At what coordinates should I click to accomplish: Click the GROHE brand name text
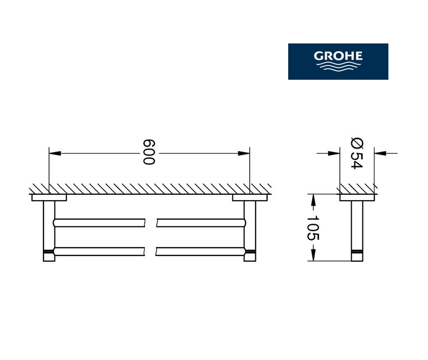pos(338,56)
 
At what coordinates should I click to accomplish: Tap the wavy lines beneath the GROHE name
pos(338,66)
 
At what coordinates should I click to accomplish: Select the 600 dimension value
pos(149,152)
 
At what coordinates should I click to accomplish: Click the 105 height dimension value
pos(313,228)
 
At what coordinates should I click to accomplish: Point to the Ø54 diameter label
pos(357,154)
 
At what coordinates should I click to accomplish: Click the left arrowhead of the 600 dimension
pos(55,153)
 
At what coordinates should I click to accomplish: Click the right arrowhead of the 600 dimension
pos(244,153)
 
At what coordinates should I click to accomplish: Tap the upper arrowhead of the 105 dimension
pos(313,200)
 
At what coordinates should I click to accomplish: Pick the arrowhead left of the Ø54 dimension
pos(334,153)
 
